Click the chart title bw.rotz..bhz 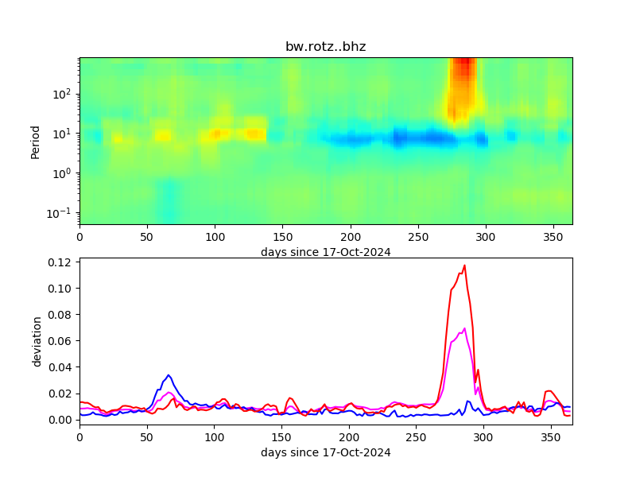(325, 47)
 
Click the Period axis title (35, 141)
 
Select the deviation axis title (37, 341)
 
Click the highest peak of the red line (464, 266)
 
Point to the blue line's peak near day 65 (168, 375)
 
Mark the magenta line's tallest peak (464, 328)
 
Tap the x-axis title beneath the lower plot (325, 452)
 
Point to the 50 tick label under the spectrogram (147, 237)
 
